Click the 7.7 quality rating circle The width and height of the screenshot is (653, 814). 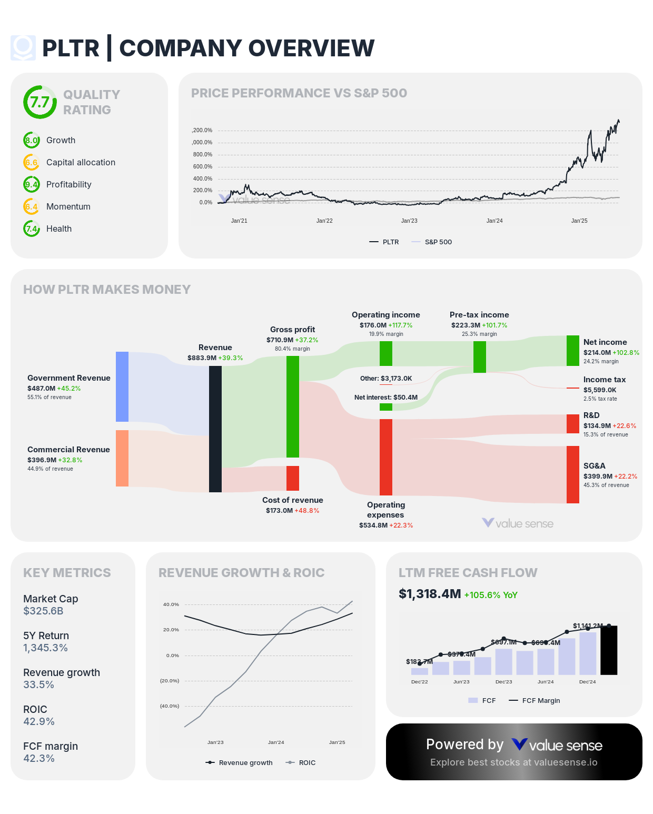[39, 102]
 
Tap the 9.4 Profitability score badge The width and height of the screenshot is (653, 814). [32, 184]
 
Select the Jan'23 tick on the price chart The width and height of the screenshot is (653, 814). [409, 221]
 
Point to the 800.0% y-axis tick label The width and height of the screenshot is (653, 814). [203, 155]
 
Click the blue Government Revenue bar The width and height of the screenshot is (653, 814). [122, 386]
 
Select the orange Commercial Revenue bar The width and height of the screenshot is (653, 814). [122, 458]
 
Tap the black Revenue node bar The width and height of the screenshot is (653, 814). [215, 429]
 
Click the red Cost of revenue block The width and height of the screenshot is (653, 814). [293, 478]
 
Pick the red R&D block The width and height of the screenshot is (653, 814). [573, 424]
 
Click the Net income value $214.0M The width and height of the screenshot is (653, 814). [597, 353]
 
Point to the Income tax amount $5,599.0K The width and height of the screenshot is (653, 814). [600, 390]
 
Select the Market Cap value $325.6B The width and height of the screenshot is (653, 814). [43, 611]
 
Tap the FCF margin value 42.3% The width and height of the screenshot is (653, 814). [39, 759]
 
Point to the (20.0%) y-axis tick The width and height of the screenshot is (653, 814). [170, 681]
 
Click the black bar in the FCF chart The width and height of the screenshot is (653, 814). [609, 650]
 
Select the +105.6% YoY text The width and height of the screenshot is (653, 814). [491, 595]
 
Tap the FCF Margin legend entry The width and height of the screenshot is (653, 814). [535, 701]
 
